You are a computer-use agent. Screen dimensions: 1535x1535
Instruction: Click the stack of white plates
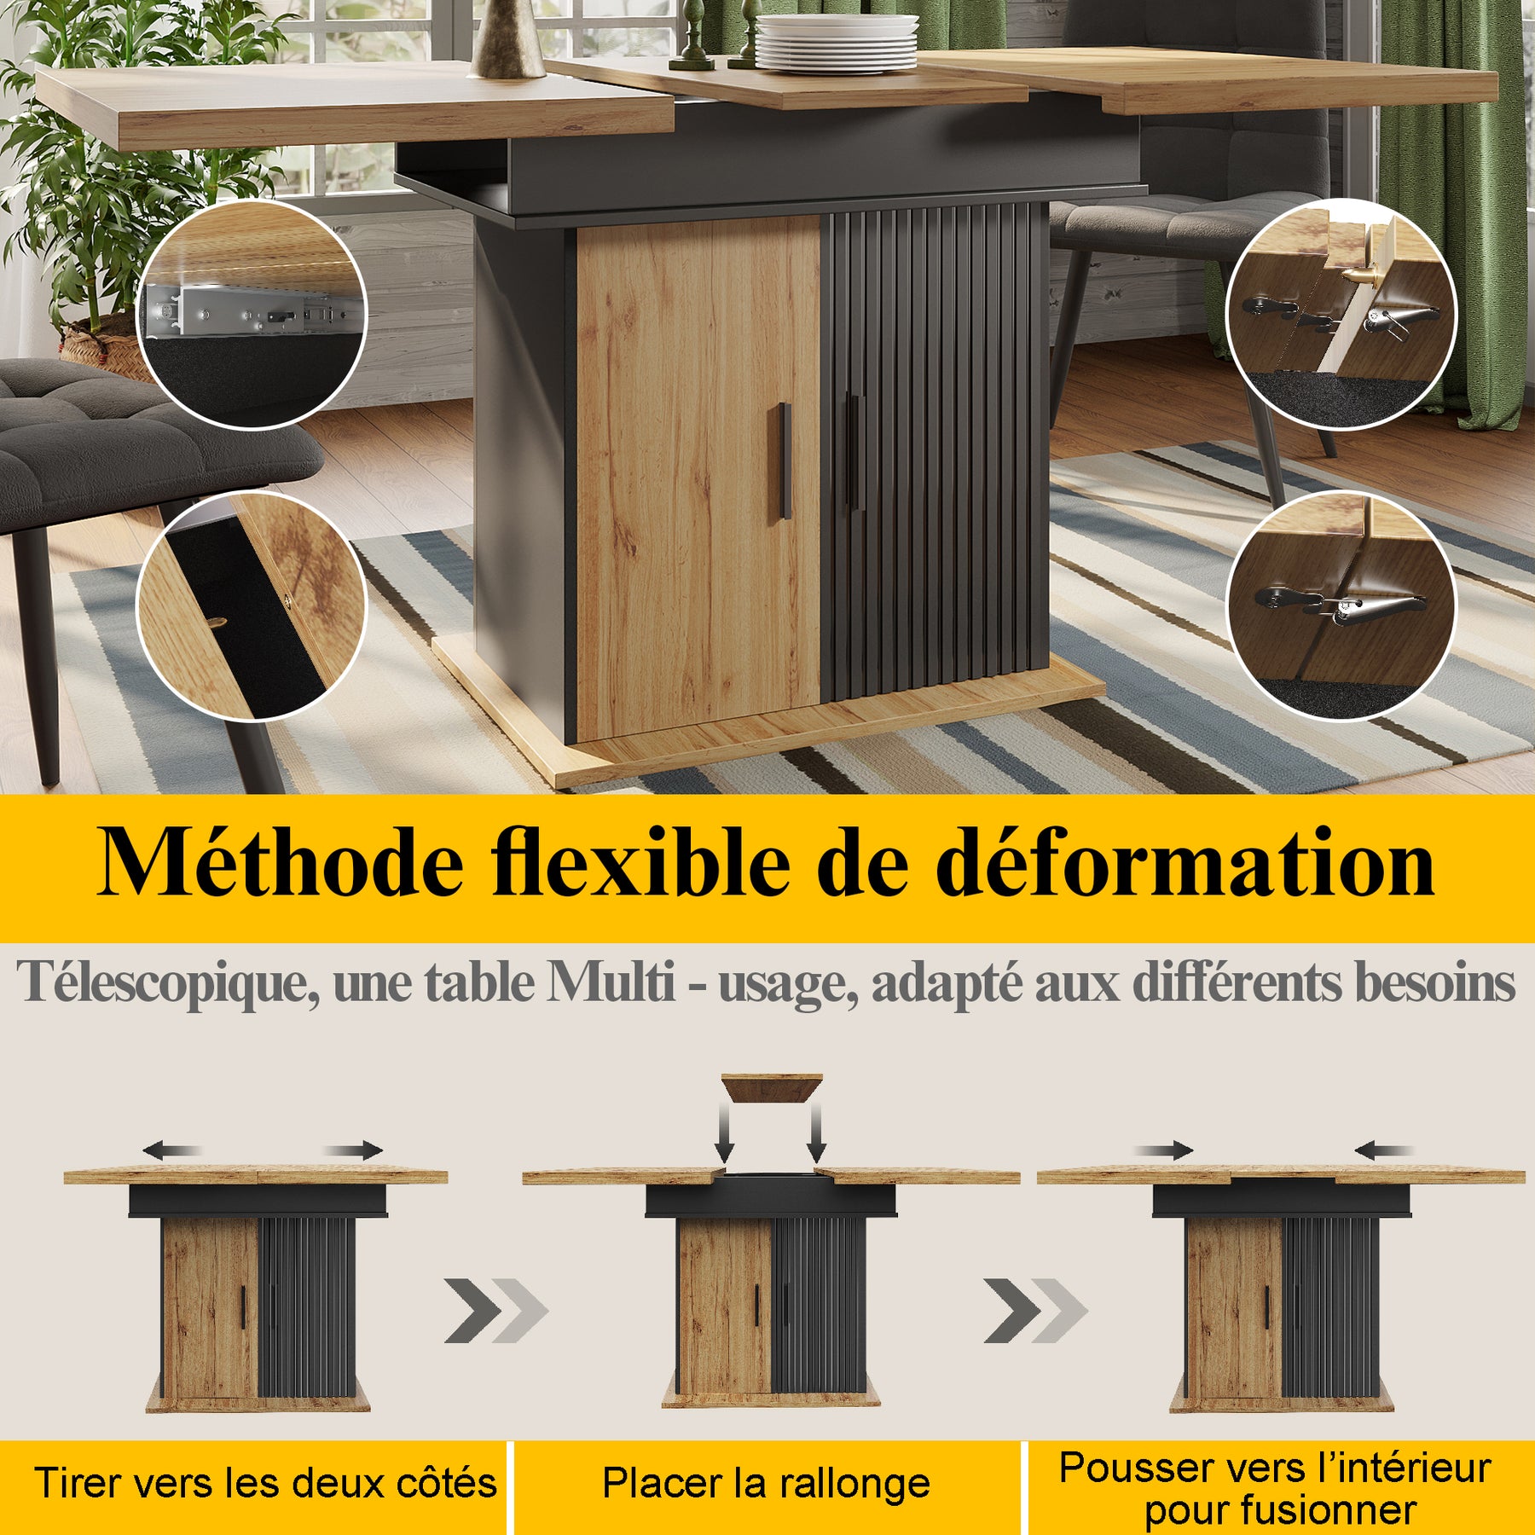(x=836, y=43)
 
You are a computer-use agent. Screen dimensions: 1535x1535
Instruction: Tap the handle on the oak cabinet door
(x=785, y=460)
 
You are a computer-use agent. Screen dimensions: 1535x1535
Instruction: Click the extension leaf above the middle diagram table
(x=772, y=1088)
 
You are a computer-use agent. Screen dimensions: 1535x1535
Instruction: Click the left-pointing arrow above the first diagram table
(x=171, y=1151)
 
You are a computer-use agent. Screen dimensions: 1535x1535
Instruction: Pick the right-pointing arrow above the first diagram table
(x=354, y=1150)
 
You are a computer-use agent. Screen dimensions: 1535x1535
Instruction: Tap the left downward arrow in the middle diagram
(x=725, y=1133)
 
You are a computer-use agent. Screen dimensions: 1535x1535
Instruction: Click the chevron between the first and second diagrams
(x=496, y=1311)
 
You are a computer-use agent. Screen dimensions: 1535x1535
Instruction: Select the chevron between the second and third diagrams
(x=1035, y=1311)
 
